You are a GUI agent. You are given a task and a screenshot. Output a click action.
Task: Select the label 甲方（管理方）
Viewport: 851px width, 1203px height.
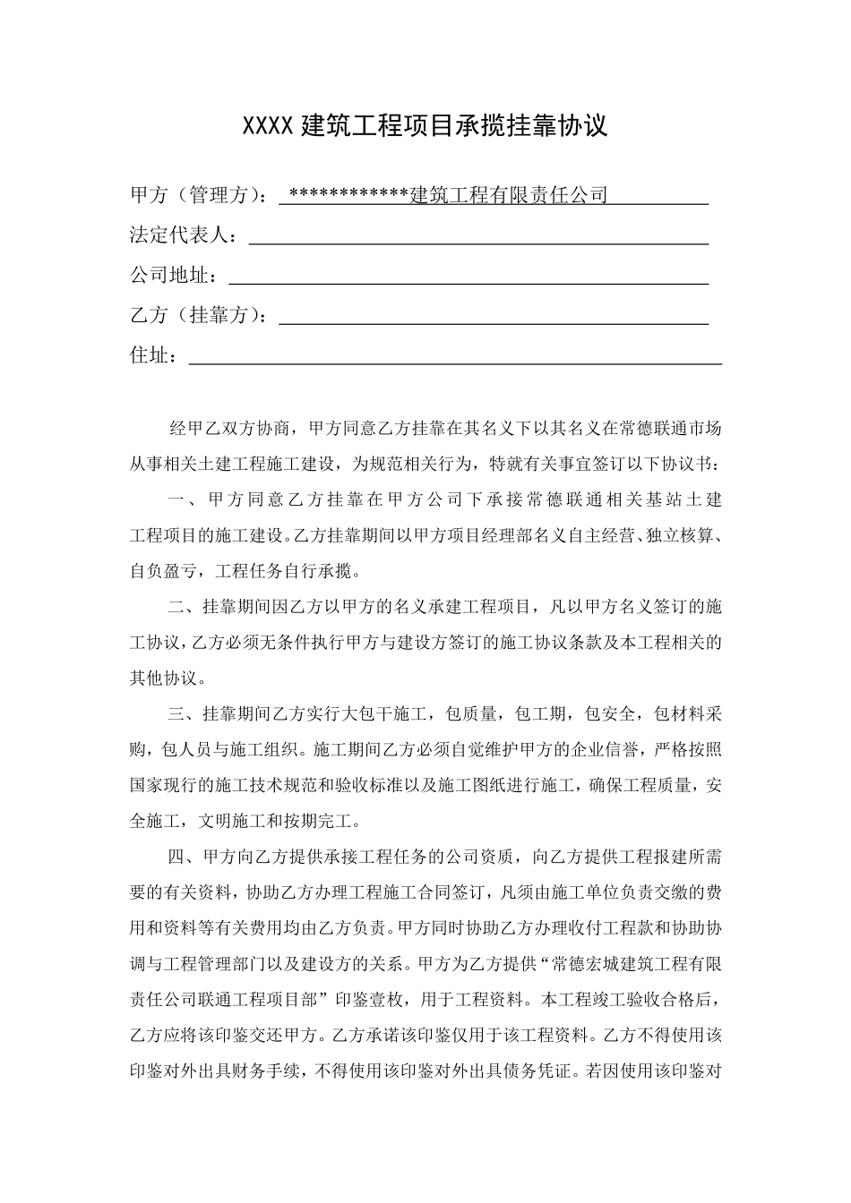point(193,195)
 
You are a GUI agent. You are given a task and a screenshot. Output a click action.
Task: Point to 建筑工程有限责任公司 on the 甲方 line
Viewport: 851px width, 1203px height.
point(508,195)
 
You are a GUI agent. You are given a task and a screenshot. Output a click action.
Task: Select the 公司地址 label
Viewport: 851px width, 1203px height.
point(169,276)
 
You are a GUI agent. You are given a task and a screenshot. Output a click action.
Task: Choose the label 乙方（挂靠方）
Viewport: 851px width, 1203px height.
point(193,316)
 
